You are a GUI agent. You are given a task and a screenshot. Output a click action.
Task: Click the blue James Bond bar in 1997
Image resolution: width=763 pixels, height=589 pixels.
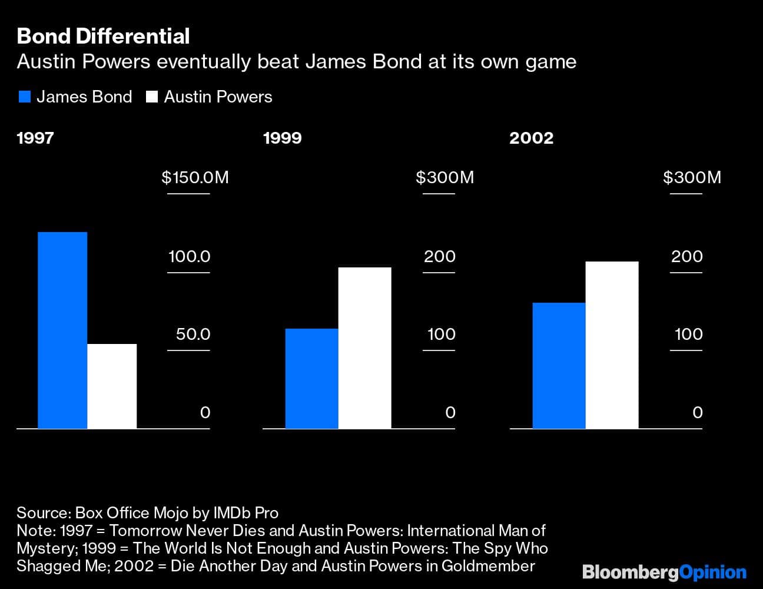tap(62, 330)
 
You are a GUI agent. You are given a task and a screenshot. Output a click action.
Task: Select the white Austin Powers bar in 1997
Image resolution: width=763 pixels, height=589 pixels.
tap(112, 386)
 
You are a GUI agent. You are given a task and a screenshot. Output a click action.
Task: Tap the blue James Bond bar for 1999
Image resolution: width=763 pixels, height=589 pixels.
tap(311, 378)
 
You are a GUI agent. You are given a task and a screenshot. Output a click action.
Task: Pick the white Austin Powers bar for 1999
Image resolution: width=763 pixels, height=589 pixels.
tap(364, 348)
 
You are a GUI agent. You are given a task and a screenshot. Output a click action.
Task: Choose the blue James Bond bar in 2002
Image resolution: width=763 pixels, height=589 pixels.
tap(559, 365)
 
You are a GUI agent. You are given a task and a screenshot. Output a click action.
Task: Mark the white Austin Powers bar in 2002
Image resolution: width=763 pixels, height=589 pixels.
tap(612, 345)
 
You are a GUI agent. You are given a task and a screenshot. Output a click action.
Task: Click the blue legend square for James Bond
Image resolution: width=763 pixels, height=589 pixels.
tap(24, 97)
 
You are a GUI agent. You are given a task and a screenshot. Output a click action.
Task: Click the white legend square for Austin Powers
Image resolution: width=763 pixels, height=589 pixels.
tap(152, 97)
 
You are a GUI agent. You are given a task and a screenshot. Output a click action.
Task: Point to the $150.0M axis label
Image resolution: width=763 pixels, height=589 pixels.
tap(195, 177)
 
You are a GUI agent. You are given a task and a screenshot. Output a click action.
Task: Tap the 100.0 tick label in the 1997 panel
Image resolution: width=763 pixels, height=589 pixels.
tap(189, 256)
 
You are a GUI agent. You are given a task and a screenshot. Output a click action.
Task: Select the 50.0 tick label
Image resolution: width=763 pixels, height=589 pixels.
tap(193, 334)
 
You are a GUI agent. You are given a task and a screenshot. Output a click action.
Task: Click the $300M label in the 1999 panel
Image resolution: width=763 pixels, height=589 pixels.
tap(444, 177)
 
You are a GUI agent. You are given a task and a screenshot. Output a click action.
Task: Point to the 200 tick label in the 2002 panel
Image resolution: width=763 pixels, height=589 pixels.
tap(687, 256)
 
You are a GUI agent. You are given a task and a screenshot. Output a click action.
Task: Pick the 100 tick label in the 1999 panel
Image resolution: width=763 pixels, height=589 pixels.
tap(441, 334)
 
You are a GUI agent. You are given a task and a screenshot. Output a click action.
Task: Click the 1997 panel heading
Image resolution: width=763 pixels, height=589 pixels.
tap(35, 138)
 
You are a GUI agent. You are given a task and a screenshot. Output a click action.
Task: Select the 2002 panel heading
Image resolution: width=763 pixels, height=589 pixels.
tap(531, 138)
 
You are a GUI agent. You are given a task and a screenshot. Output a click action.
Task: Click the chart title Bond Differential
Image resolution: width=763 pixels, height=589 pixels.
tap(103, 37)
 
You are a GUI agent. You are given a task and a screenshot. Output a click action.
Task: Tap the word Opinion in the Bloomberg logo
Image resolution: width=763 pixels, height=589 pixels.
tap(712, 572)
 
